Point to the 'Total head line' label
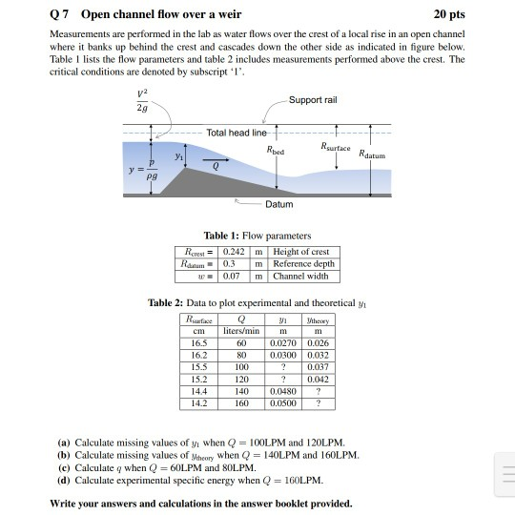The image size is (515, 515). [237, 134]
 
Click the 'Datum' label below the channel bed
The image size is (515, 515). [280, 203]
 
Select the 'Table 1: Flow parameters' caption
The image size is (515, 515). [257, 235]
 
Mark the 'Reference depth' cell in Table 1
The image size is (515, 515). [304, 263]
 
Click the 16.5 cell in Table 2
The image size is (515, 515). [198, 342]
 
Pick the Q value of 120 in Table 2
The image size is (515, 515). [242, 379]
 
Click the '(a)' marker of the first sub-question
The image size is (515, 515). [64, 443]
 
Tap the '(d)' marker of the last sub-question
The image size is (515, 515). [64, 480]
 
